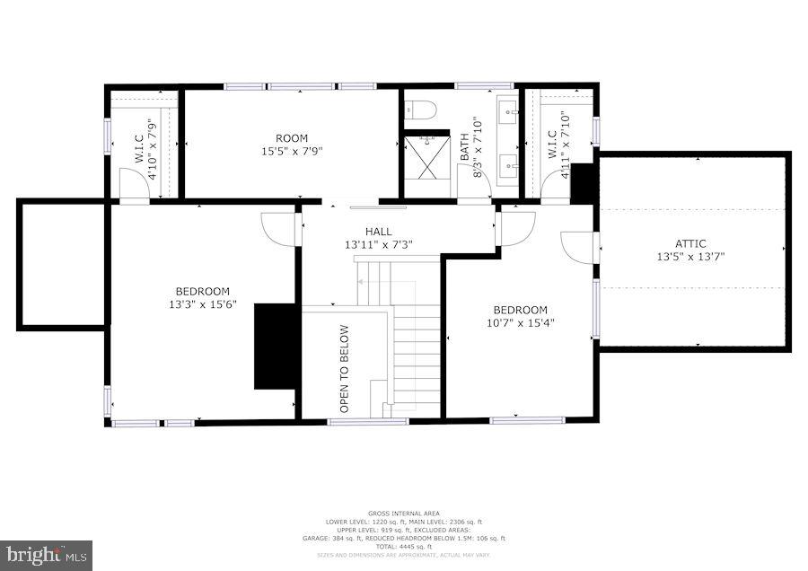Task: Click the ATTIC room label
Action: (691, 243)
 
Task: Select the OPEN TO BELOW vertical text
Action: (344, 369)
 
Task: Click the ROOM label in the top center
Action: (291, 138)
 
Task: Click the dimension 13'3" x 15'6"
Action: (202, 304)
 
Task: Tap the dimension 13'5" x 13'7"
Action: (691, 256)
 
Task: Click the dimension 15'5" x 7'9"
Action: (291, 151)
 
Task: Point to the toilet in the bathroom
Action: (420, 110)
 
